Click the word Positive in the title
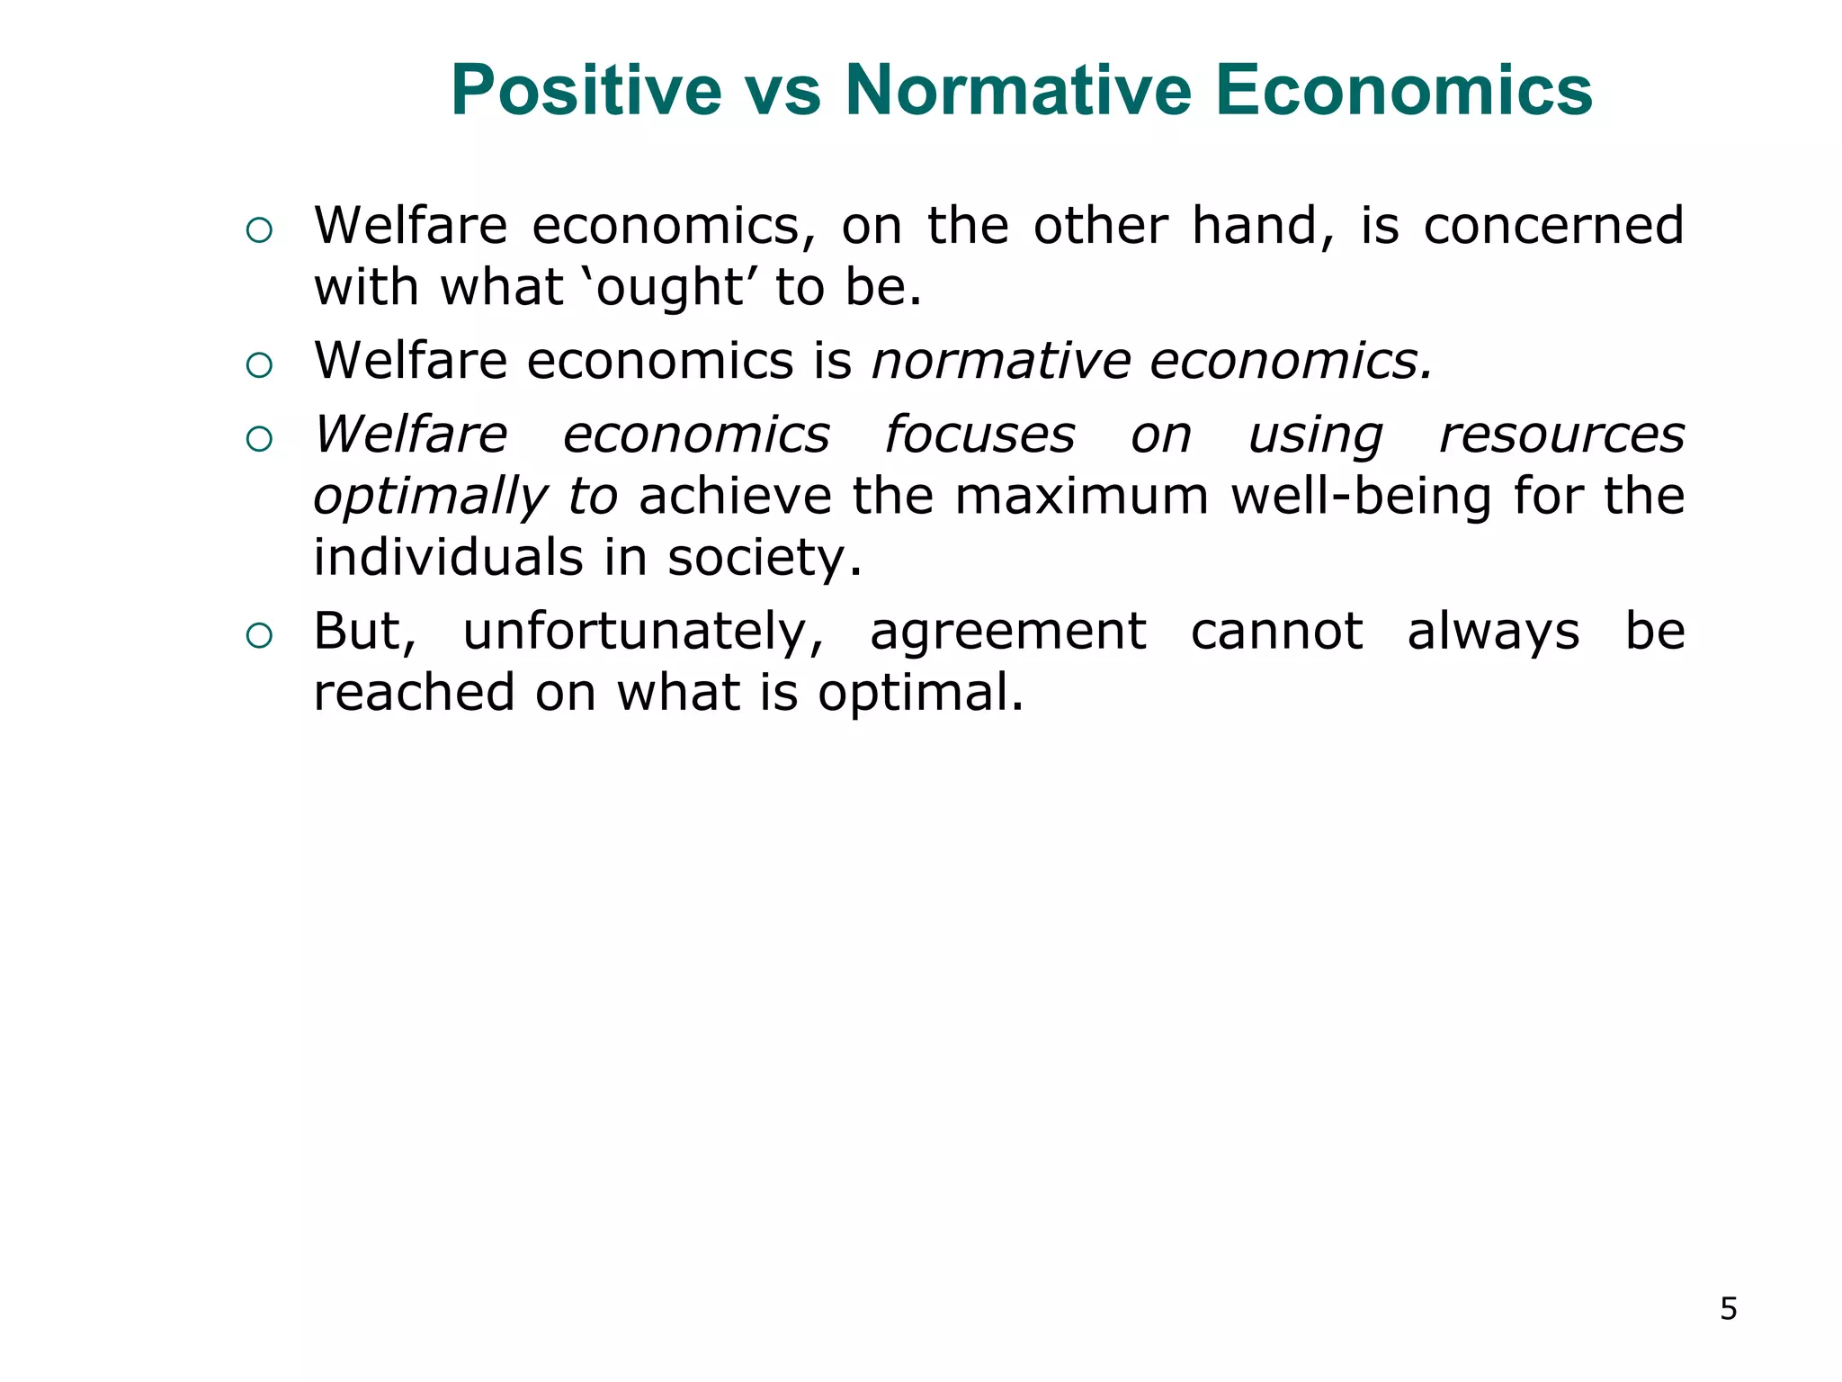point(586,91)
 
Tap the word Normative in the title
point(1017,91)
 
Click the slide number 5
point(1728,1309)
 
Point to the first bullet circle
point(259,231)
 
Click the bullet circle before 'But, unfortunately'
point(259,636)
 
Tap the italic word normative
point(1000,361)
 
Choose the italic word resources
point(1561,435)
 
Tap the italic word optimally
point(429,498)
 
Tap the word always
point(1493,632)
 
